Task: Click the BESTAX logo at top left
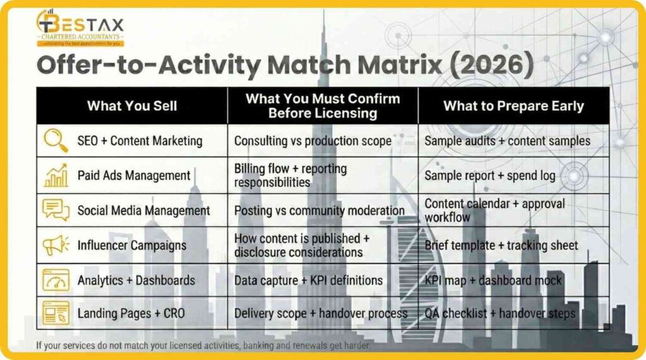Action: pos(80,28)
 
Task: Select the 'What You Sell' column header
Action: pos(131,105)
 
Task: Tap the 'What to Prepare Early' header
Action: pos(514,105)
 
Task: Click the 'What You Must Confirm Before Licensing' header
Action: pos(322,105)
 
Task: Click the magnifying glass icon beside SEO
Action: pos(56,141)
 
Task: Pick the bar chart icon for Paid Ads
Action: pos(56,175)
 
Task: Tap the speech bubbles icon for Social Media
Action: pos(56,210)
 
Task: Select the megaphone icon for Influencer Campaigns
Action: pos(56,245)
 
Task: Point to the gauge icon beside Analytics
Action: pos(56,279)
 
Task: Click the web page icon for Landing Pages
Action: pos(56,313)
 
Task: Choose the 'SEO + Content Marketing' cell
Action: pos(139,141)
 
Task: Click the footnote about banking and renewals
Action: pos(203,345)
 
